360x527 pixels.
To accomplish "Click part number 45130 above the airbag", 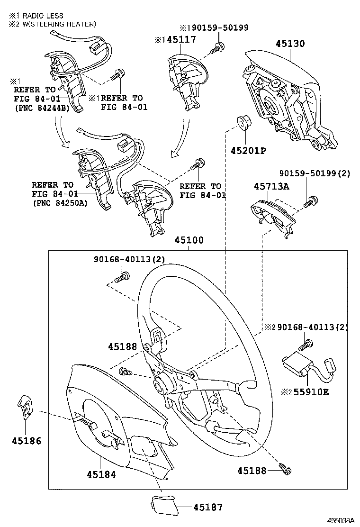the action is coord(290,44).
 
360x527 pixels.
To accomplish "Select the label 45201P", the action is coord(248,151).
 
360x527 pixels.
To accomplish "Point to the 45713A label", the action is coord(271,186).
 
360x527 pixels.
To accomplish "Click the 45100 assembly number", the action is coord(189,240).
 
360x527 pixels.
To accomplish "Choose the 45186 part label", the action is coord(27,441).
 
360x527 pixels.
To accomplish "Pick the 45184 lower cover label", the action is coord(101,474).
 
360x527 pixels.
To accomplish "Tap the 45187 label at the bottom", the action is coord(208,507).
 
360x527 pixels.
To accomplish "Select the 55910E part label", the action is coord(311,392).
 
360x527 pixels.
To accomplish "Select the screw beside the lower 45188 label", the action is coord(286,469).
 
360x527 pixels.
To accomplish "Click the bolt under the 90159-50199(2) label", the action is coord(311,202).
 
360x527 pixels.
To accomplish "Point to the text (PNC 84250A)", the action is coord(61,203).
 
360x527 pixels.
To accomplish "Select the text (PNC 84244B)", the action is coord(42,108).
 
